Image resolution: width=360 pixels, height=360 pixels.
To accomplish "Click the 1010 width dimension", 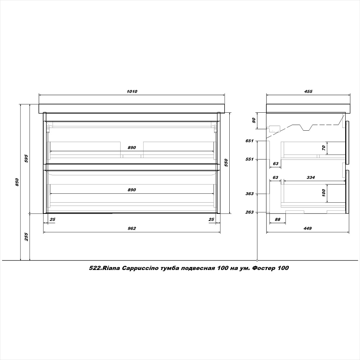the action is [x=132, y=91].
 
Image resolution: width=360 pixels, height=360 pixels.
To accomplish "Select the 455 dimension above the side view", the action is [x=308, y=91].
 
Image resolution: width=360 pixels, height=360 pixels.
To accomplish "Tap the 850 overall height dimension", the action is [x=17, y=182].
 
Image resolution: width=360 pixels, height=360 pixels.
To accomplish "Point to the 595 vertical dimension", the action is [x=26, y=158].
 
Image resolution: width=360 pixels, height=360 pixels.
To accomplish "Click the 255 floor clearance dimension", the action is [x=26, y=237].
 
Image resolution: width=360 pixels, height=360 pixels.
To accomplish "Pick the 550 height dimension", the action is [x=226, y=163].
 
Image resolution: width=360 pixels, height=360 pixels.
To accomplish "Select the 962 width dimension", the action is [x=132, y=228].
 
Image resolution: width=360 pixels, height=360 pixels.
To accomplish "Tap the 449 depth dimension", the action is [x=307, y=228].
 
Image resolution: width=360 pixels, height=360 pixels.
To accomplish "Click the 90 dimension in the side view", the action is [x=254, y=120].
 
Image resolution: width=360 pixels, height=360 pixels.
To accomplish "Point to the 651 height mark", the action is [x=249, y=141].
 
